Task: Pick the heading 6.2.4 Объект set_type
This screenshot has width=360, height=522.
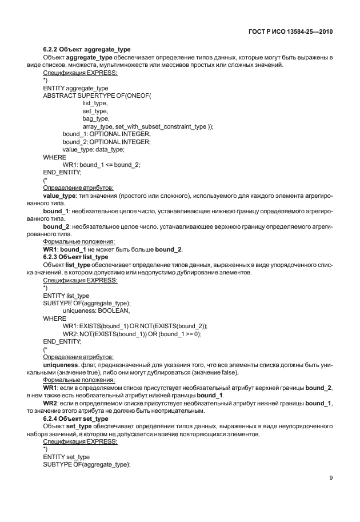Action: pyautogui.click(x=74, y=419)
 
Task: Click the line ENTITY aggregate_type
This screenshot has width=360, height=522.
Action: pyautogui.click(x=75, y=87)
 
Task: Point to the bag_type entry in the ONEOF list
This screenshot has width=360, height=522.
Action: pyautogui.click(x=95, y=118)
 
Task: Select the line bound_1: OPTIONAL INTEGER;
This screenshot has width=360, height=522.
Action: pyautogui.click(x=106, y=134)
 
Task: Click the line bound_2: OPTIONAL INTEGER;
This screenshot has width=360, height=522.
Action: pyautogui.click(x=106, y=141)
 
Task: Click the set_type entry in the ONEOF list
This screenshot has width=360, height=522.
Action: pyautogui.click(x=94, y=110)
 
